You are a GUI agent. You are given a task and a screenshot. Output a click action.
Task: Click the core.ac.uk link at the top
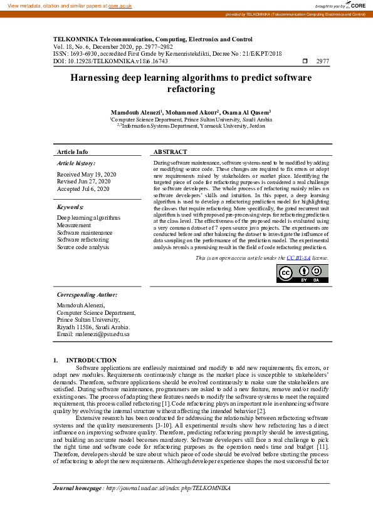(x=120, y=5)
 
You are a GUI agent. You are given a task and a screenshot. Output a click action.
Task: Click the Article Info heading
(x=73, y=152)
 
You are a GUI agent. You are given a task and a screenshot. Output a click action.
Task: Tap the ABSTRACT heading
(x=170, y=152)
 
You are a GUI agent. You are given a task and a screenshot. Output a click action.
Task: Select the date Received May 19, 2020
(x=87, y=174)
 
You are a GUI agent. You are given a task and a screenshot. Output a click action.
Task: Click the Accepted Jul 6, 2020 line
(x=83, y=188)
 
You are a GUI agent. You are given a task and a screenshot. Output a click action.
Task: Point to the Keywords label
(x=70, y=207)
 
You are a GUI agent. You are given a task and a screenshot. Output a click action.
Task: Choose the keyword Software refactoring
(x=83, y=240)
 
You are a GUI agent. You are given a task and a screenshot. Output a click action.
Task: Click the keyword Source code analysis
(x=83, y=247)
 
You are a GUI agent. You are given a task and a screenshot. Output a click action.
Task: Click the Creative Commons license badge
(x=302, y=274)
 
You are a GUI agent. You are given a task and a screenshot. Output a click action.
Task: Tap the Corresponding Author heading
(x=87, y=294)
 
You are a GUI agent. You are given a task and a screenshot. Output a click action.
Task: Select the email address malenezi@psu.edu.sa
(x=93, y=334)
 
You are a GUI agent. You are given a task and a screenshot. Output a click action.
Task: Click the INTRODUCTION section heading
(x=91, y=360)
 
